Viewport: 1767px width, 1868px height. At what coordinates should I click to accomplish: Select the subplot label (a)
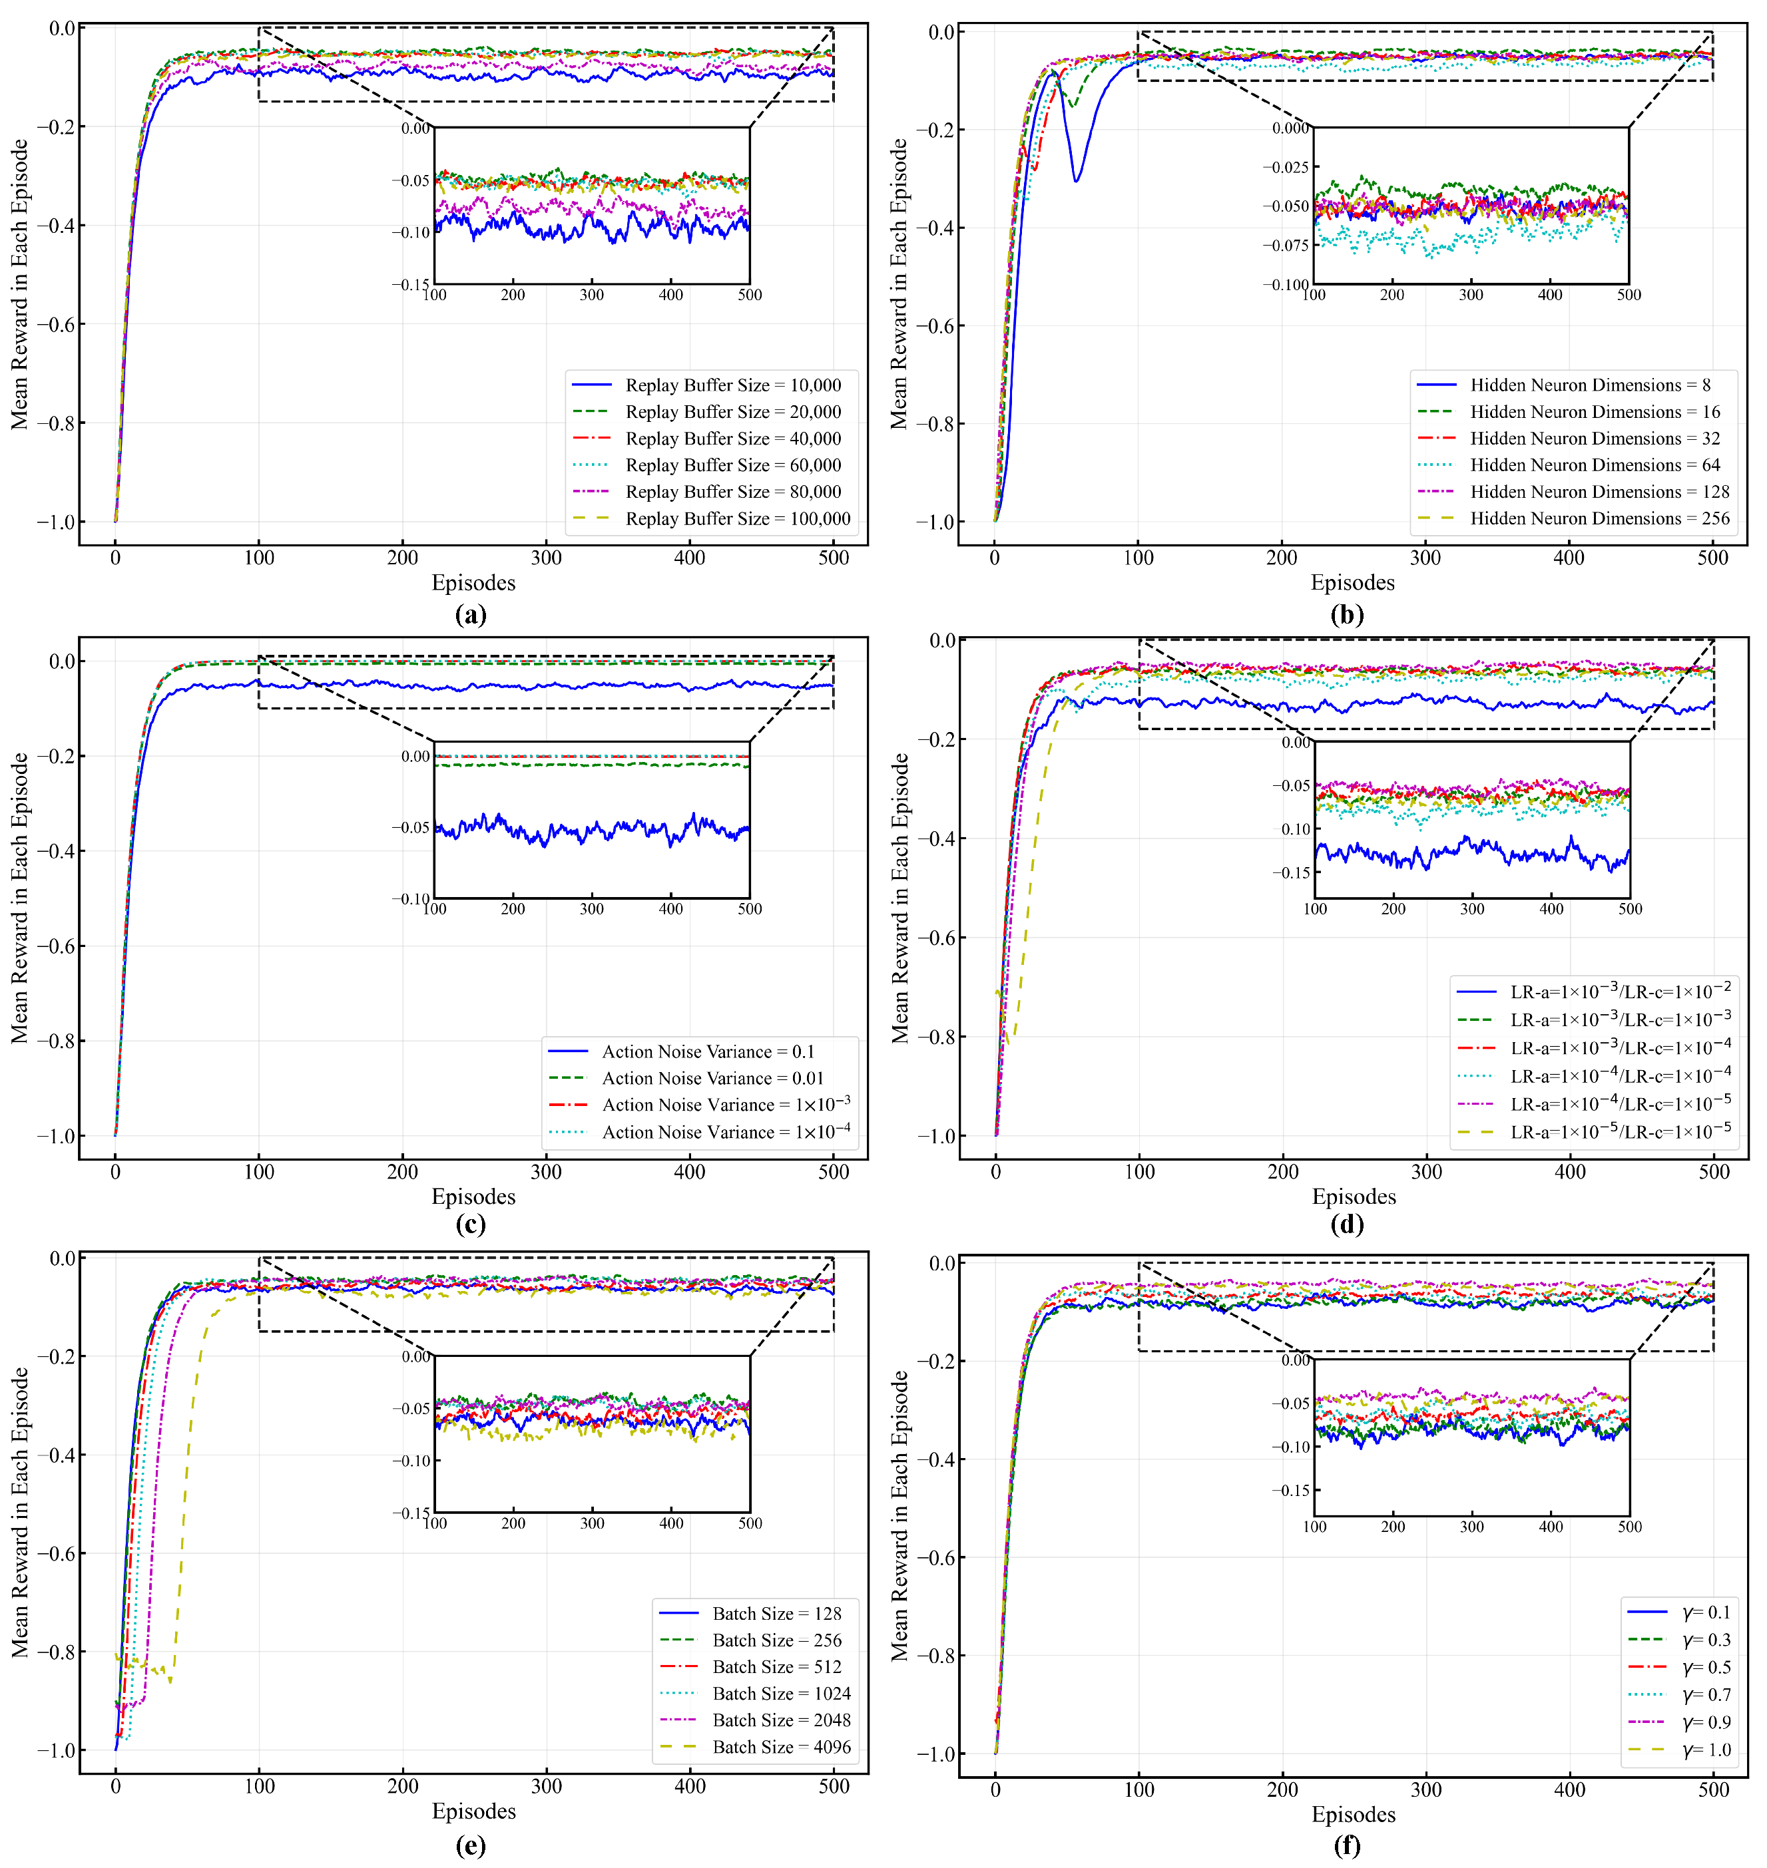(x=470, y=615)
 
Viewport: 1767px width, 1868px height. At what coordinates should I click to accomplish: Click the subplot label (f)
(x=1347, y=1845)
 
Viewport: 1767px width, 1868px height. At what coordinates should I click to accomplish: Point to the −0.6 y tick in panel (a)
(x=55, y=324)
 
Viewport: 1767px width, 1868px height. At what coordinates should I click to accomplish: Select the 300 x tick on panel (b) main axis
(x=1425, y=558)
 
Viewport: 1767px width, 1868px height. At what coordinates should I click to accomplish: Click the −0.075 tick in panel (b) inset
(x=1285, y=246)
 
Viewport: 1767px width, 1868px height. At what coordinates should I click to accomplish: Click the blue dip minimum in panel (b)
(x=1077, y=179)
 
